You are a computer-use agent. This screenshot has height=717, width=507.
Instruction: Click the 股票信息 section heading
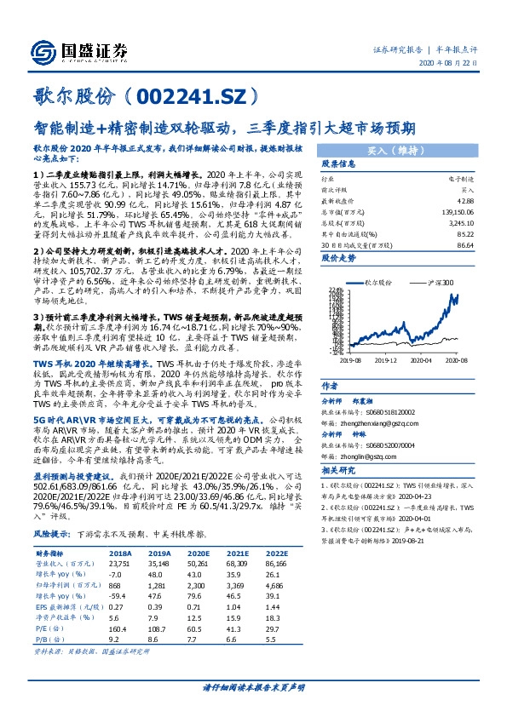click(338, 163)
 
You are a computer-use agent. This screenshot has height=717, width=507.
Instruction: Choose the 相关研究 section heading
click(338, 470)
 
